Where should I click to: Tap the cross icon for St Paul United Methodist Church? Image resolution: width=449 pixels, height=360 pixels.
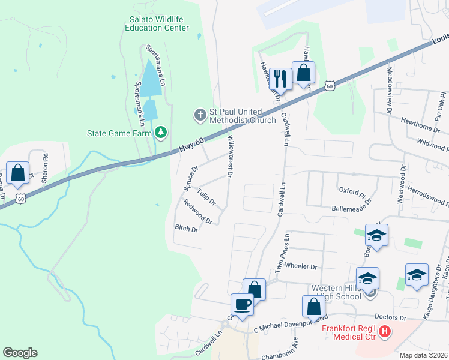(199, 113)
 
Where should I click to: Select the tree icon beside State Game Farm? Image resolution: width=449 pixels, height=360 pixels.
(160, 133)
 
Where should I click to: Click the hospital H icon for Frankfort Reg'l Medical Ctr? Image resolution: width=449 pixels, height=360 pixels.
(385, 331)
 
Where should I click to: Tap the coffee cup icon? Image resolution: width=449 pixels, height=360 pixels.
(243, 304)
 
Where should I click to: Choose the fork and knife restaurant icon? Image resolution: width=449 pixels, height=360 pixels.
(280, 78)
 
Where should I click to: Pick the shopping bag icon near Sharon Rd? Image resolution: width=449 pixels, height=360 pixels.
(18, 172)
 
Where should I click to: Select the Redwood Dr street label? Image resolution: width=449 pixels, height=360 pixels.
(198, 212)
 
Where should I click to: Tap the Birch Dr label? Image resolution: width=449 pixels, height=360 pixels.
(186, 228)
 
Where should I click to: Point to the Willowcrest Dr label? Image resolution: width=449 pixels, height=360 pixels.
(229, 156)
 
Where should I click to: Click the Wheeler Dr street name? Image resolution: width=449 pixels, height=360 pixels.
(301, 266)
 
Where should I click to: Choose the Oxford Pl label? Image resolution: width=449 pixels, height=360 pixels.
(352, 192)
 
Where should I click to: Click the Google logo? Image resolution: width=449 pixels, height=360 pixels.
(20, 353)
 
